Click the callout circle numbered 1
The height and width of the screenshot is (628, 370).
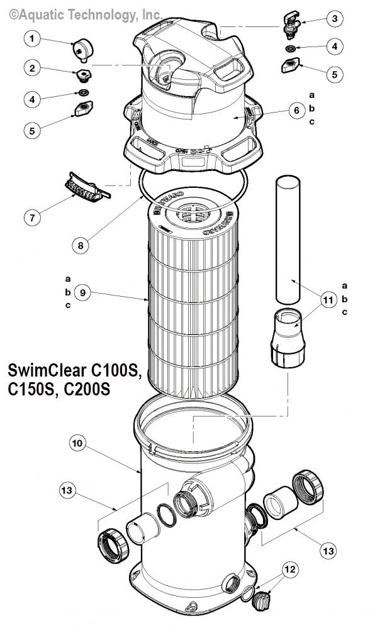tap(33, 39)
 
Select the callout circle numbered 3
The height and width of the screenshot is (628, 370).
tap(334, 19)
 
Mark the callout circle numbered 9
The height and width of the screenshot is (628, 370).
tap(82, 292)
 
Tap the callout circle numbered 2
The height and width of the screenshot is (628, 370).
tap(33, 69)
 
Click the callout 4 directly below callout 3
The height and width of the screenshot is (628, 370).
tap(334, 47)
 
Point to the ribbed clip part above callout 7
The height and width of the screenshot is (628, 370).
tap(84, 187)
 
